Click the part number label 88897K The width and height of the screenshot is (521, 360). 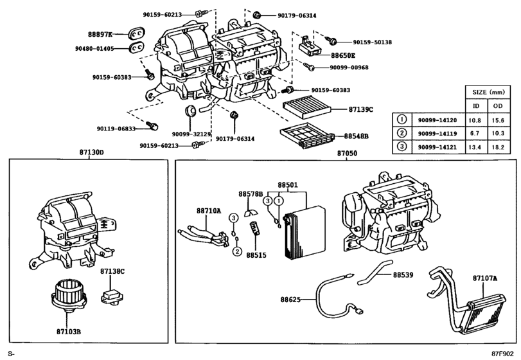pos(100,34)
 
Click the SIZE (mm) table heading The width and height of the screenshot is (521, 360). pos(488,92)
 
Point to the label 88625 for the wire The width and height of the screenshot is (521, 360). pos(291,299)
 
